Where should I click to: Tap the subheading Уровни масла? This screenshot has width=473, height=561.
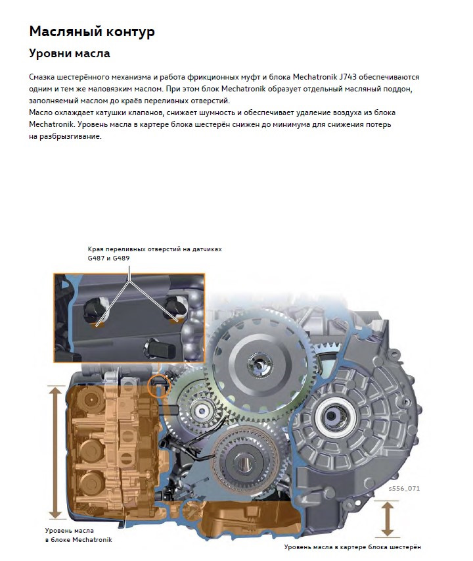click(x=70, y=53)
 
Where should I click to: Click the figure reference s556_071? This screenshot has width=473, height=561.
click(x=403, y=489)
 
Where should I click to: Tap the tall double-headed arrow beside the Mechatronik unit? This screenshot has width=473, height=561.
click(x=55, y=453)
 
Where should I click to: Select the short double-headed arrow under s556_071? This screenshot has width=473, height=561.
click(x=387, y=518)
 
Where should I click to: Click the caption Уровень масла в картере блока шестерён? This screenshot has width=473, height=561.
click(x=351, y=547)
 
